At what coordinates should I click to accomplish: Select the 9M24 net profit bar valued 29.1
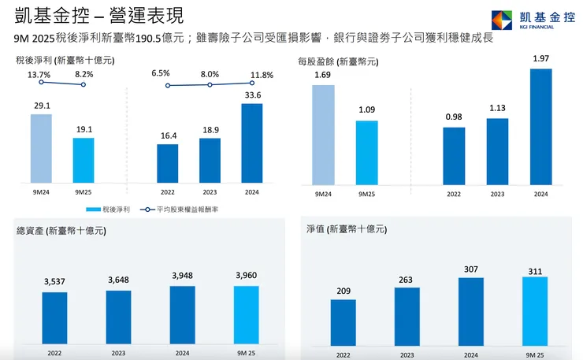click(x=41, y=149)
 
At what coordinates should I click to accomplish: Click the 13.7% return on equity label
click(x=39, y=75)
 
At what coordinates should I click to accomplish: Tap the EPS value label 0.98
click(x=454, y=117)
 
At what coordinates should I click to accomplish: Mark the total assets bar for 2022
click(x=54, y=317)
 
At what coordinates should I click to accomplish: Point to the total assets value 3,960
click(x=246, y=275)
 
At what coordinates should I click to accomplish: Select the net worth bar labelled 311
click(x=534, y=311)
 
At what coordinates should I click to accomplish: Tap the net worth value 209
click(x=343, y=290)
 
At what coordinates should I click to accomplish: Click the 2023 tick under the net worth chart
click(x=407, y=354)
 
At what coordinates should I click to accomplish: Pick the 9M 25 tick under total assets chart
click(x=246, y=354)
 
